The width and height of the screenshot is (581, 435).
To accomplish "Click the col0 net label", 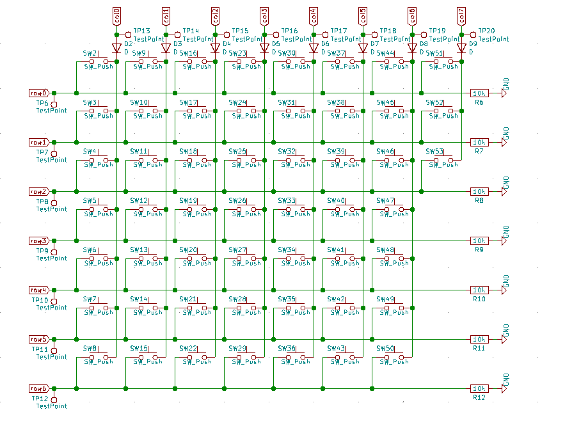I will point(116,15).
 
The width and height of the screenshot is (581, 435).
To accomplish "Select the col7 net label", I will point(461,15).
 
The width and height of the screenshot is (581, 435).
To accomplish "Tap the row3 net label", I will point(38,241).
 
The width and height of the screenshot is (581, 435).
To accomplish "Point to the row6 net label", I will point(38,388).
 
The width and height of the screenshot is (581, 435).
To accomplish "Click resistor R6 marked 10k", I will point(479,93).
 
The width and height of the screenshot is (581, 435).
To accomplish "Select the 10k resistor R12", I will point(479,388).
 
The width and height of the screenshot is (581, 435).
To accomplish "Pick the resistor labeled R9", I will point(479,241).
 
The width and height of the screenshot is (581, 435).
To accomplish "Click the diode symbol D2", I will point(116,48).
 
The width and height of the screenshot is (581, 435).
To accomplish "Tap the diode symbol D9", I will point(461,48).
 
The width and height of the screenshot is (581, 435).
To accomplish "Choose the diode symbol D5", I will point(264,48).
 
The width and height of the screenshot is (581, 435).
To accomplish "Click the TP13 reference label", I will point(141,31).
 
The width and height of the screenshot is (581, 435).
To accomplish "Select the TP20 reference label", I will point(486,31).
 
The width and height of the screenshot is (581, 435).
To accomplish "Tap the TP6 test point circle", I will point(54,103).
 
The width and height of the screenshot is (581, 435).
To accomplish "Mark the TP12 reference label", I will point(40,399).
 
